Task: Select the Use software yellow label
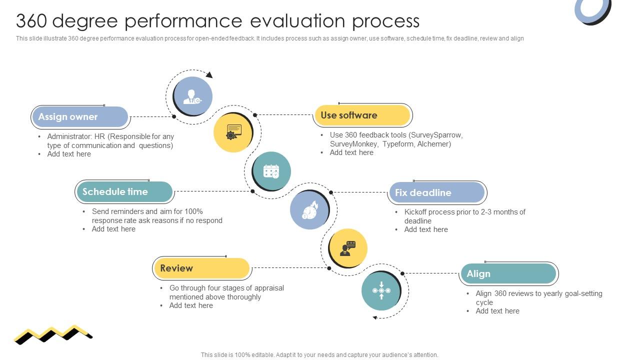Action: (x=362, y=115)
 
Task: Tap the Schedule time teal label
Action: (x=124, y=192)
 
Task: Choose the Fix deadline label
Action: (x=436, y=192)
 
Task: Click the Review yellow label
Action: (x=201, y=268)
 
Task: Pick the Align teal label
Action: (x=507, y=274)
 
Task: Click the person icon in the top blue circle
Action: (x=192, y=96)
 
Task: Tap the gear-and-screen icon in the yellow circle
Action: (x=233, y=132)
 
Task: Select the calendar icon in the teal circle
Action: (x=271, y=171)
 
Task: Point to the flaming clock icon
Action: (x=310, y=210)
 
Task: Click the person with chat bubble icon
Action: (x=348, y=248)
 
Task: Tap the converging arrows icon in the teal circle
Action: (x=381, y=290)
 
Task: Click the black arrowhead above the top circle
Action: (x=209, y=75)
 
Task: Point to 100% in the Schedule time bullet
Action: (x=193, y=211)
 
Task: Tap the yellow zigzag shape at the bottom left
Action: (x=52, y=333)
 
